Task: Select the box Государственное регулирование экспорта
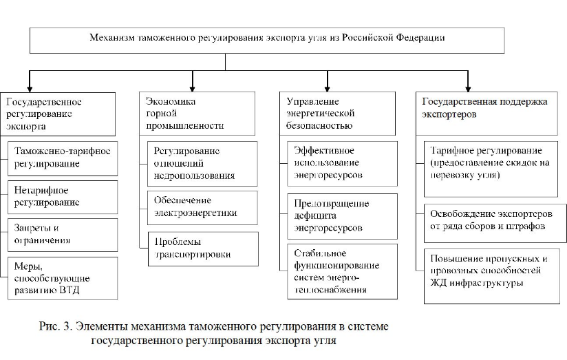[58, 114]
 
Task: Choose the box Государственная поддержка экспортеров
[490, 114]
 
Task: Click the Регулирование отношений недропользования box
[202, 163]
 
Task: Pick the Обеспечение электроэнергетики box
[202, 207]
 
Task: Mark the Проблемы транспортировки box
[202, 248]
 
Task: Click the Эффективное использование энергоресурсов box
[342, 163]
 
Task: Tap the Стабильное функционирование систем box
[342, 271]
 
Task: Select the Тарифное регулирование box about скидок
[493, 163]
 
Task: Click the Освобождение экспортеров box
[493, 220]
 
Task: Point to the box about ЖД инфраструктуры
[493, 271]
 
